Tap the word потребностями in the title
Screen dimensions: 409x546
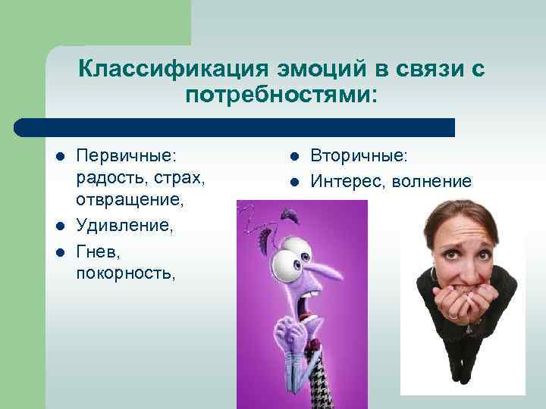(278, 96)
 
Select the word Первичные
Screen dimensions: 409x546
(126, 155)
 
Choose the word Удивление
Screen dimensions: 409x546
(124, 226)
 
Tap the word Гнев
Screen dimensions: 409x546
(97, 250)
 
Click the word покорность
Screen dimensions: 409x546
(125, 273)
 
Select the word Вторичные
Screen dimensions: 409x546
(359, 155)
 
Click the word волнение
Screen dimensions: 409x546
(435, 182)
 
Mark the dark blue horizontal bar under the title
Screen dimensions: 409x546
(235, 127)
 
